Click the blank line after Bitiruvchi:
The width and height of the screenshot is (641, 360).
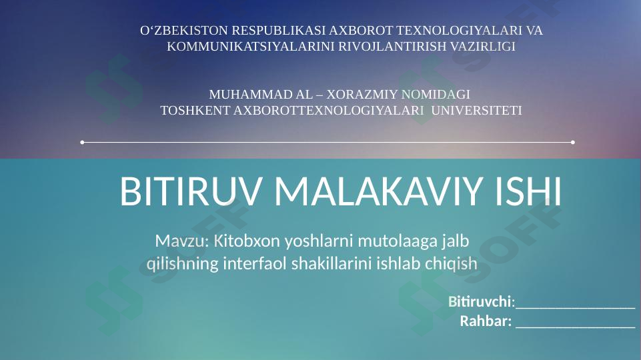(575, 304)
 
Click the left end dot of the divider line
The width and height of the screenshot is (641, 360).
(82, 142)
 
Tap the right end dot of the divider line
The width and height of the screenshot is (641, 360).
(573, 142)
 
